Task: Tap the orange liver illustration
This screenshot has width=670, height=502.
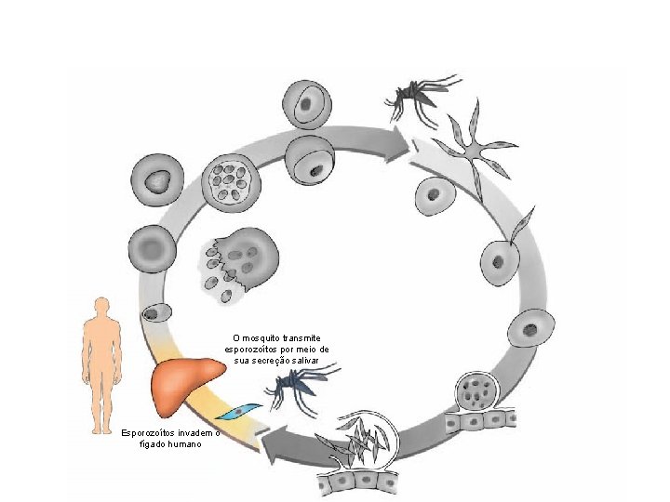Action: (185, 385)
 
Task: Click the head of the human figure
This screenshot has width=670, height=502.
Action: (101, 306)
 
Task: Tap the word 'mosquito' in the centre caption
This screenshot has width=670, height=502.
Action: (259, 337)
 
